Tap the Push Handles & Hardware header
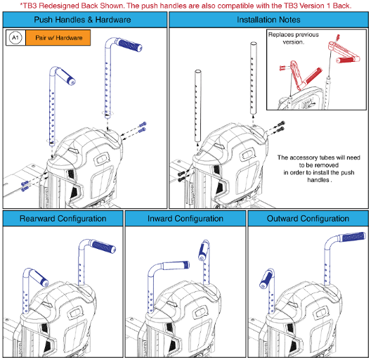tap(85, 20)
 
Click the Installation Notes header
tap(269, 20)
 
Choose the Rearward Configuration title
tap(62, 218)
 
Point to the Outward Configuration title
tap(307, 218)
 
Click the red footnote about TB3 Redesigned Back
tap(185, 6)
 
